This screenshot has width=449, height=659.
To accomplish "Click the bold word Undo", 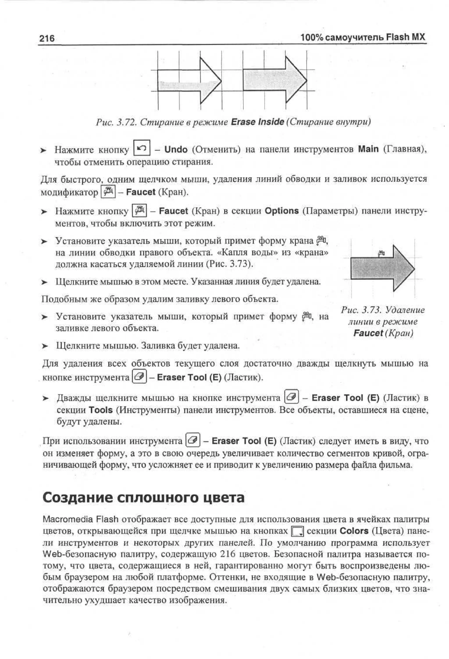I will [x=176, y=149].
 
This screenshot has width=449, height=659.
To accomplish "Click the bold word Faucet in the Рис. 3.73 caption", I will [x=368, y=333].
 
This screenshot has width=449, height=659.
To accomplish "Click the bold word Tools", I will [x=100, y=410].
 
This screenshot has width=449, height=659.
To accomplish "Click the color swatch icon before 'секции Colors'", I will [x=298, y=532].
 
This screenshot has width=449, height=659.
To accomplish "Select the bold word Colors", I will [x=354, y=531].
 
